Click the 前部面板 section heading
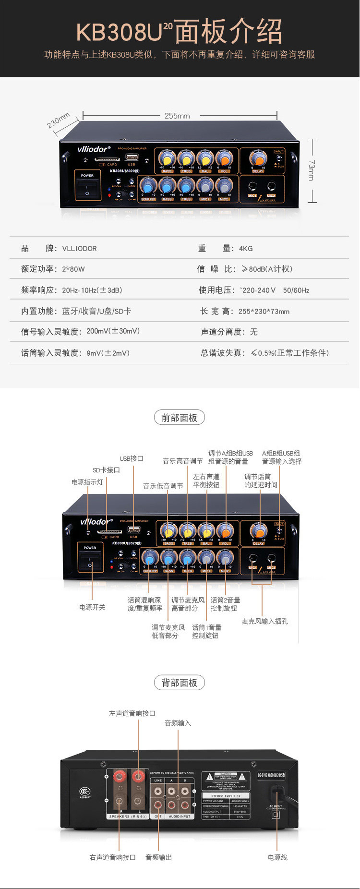pos(179,418)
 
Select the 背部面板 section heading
pos(179,683)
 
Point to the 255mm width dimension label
pos(177,116)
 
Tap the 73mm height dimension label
pos(311,170)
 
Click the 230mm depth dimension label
pos(58,120)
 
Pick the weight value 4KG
pos(245,249)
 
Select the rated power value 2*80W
pos(73,269)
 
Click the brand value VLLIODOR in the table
pos(79,249)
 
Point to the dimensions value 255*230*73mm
pos(264,312)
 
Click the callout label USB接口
pos(132,458)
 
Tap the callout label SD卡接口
pos(106,470)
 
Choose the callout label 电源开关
pos(92,607)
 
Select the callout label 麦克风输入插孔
pos(264,621)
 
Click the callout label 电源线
pos(277,857)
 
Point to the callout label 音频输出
pos(158,857)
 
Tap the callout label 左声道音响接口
pos(132,713)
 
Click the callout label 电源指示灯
pos(87,482)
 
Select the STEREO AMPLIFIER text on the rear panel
pos(226,796)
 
